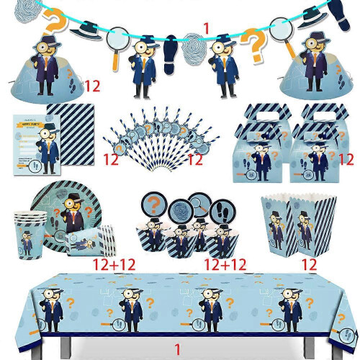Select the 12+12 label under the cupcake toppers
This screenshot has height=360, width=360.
(225, 265)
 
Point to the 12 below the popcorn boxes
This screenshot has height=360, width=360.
(310, 265)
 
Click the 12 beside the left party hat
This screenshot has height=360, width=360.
(91, 86)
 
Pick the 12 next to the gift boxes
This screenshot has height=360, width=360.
(346, 158)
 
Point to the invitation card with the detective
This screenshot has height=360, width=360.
(32, 144)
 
